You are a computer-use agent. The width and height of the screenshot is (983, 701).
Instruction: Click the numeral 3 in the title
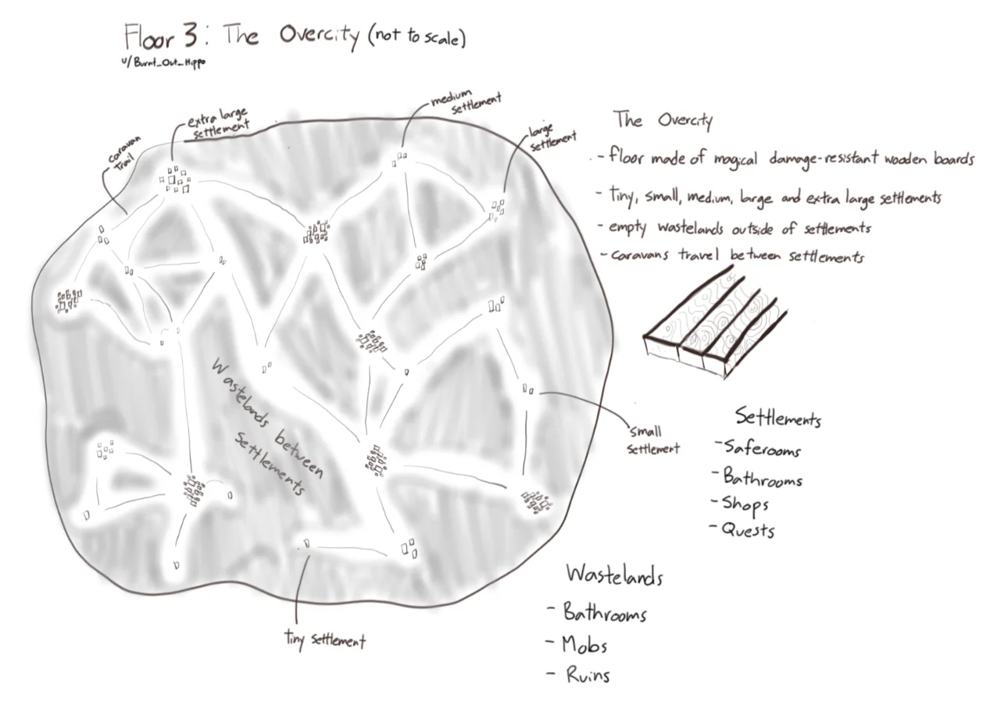click(x=190, y=35)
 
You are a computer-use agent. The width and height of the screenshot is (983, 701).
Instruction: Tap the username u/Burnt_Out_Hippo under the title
click(x=163, y=62)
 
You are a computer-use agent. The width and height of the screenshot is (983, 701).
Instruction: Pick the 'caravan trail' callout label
click(x=124, y=154)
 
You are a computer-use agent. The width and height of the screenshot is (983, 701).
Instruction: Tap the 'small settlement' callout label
click(x=653, y=440)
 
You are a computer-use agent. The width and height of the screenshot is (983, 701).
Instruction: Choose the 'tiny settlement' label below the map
click(x=325, y=640)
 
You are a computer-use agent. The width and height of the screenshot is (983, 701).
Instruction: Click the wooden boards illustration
click(x=715, y=325)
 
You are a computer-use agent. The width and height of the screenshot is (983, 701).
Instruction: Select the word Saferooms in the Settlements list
click(x=763, y=449)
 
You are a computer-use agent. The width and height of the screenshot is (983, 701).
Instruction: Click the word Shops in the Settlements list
click(x=745, y=504)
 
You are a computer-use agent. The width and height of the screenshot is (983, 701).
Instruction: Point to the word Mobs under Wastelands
click(x=584, y=645)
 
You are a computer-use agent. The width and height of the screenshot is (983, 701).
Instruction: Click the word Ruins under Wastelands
click(x=588, y=674)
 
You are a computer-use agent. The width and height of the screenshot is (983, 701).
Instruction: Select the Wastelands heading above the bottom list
click(x=614, y=575)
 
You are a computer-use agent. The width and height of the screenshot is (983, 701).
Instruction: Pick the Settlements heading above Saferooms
click(x=778, y=417)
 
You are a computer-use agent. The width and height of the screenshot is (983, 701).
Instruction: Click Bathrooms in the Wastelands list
click(x=605, y=612)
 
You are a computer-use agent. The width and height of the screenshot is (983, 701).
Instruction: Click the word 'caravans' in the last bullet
click(x=640, y=254)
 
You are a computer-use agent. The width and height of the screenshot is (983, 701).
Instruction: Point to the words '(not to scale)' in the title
click(x=417, y=37)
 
